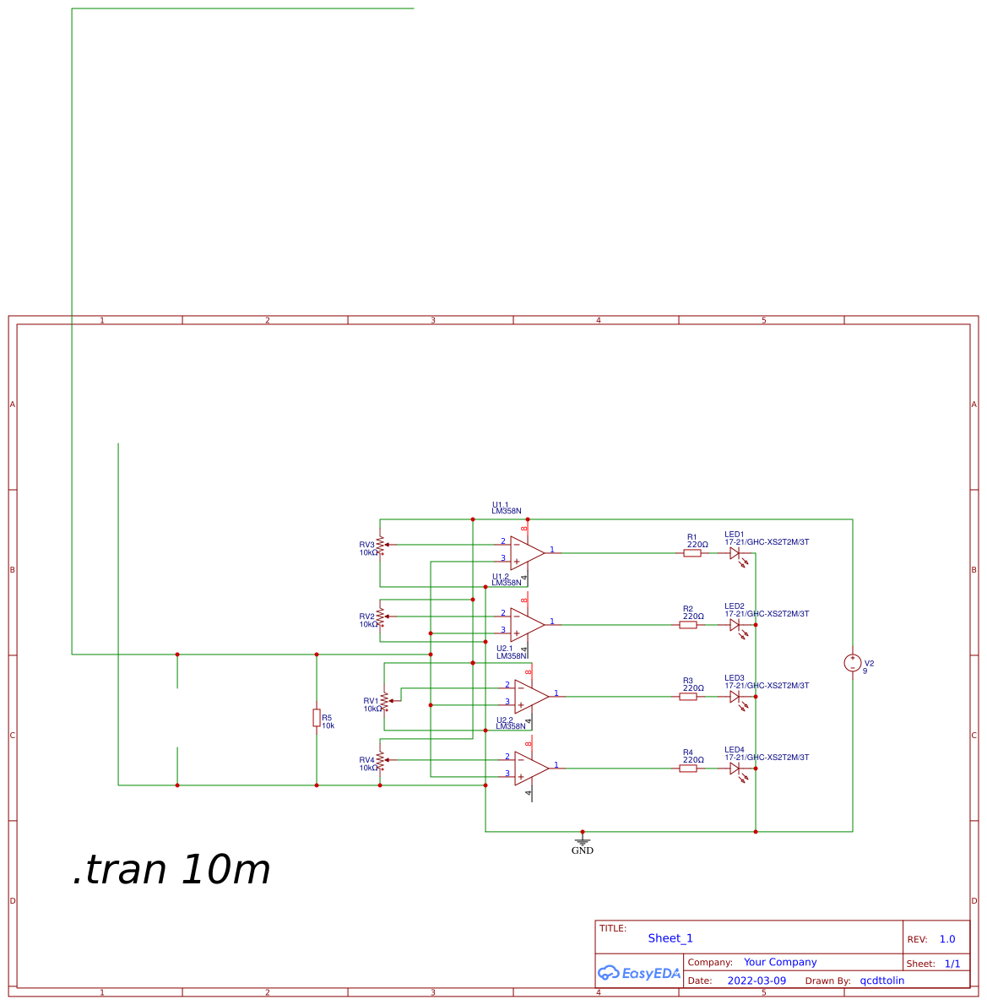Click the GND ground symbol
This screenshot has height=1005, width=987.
(x=582, y=841)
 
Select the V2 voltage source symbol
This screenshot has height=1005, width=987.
(x=853, y=663)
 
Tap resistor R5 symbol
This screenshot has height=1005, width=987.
(x=317, y=718)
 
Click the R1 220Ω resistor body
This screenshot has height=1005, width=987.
(x=692, y=553)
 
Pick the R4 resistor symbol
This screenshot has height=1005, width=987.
(x=688, y=769)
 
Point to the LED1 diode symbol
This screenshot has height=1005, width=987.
(x=736, y=554)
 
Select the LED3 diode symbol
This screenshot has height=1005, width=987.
(x=736, y=698)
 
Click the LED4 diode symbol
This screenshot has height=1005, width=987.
(x=736, y=769)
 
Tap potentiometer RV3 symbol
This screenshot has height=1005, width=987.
(x=381, y=545)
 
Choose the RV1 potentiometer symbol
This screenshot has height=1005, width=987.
(x=385, y=701)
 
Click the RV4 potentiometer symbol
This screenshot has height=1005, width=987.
(x=381, y=760)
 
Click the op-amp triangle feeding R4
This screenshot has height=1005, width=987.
(x=531, y=768)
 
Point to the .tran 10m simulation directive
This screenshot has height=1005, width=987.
(x=171, y=870)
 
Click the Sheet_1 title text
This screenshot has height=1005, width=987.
(x=670, y=938)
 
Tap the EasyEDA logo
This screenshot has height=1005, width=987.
(x=639, y=973)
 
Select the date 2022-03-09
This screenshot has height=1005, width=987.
(x=757, y=981)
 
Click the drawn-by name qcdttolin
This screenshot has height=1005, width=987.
(x=881, y=981)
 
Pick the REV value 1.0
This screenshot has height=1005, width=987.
(x=947, y=939)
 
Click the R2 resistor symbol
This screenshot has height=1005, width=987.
(x=688, y=625)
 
